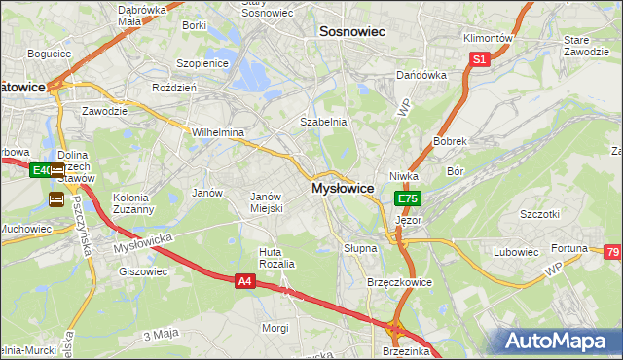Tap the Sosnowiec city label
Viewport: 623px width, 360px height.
click(352, 32)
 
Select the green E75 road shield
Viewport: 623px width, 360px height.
click(408, 198)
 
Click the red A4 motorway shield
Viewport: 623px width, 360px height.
click(246, 281)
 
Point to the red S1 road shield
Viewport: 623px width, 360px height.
click(479, 59)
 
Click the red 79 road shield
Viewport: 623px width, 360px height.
click(611, 253)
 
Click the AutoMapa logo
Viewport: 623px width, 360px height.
click(556, 341)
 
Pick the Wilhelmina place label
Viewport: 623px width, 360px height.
click(218, 132)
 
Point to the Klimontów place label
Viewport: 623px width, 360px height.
click(488, 38)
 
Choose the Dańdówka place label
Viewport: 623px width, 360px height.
click(421, 75)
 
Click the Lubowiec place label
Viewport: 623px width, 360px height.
click(516, 252)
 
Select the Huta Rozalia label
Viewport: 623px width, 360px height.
click(276, 258)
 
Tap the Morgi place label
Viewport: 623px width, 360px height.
click(275, 328)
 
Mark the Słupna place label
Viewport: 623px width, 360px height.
click(360, 248)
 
